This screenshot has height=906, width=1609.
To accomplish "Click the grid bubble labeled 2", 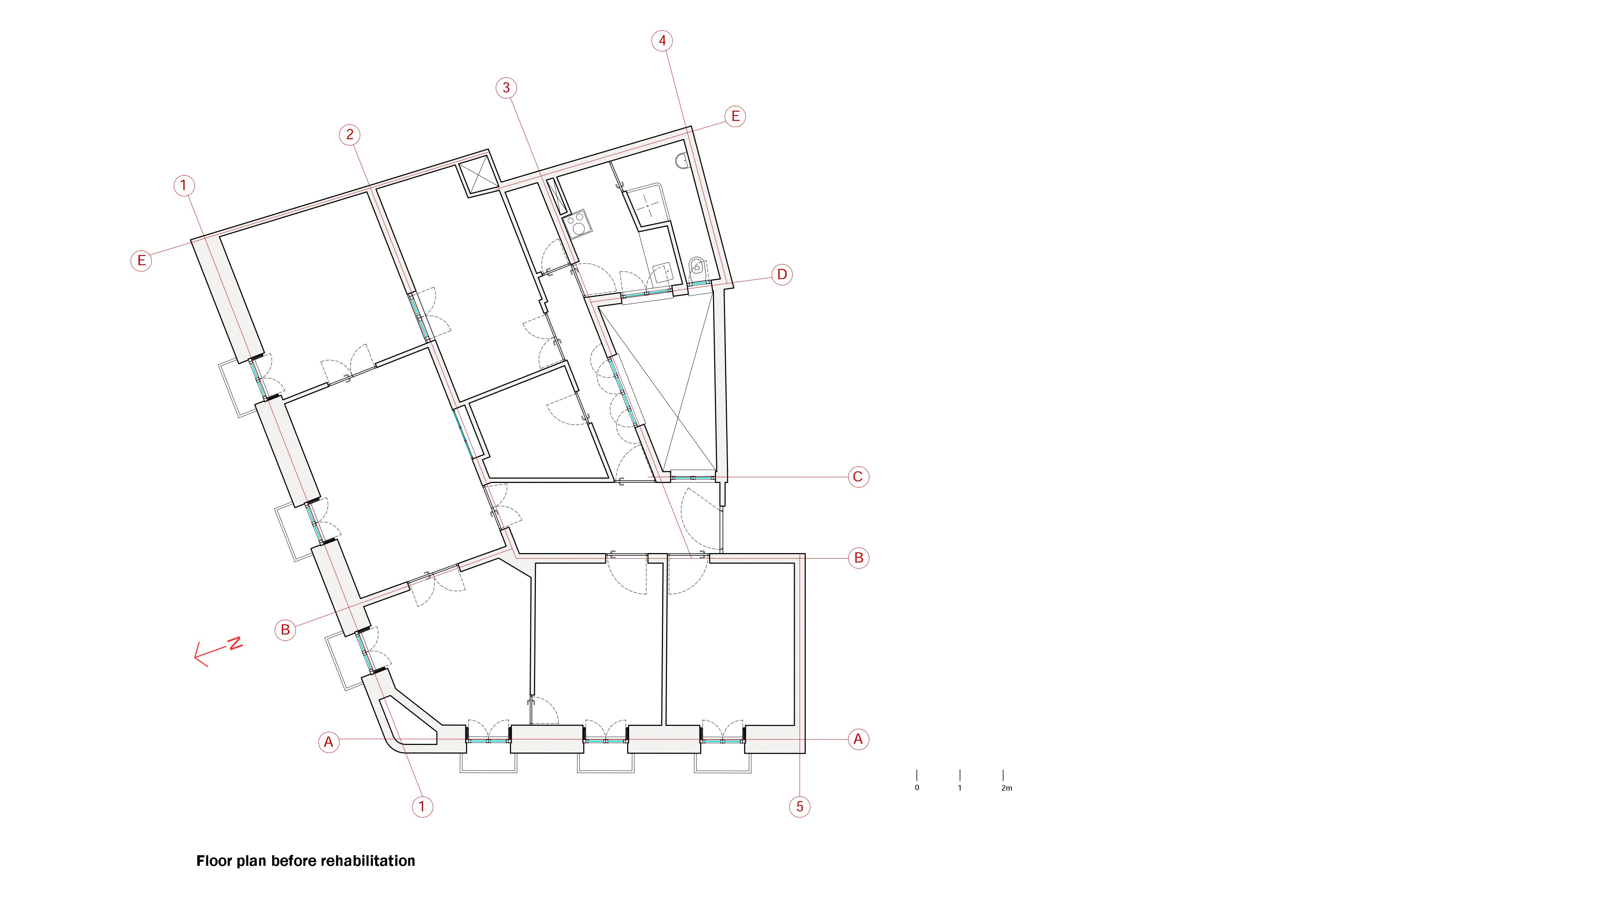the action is (350, 134).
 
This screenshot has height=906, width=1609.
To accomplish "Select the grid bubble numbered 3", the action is (507, 87).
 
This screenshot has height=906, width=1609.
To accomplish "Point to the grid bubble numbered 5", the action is (800, 807).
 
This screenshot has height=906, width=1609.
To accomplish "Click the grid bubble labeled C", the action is (858, 477).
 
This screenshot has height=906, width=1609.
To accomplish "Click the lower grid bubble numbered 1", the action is (422, 807).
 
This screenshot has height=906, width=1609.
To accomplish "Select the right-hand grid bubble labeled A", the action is (858, 739).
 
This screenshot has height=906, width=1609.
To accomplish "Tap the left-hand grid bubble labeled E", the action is (142, 260).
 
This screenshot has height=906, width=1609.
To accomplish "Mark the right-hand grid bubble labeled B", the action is (858, 557).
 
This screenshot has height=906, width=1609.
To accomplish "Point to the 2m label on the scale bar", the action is (1007, 788).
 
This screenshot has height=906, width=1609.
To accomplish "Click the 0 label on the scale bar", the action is (917, 788).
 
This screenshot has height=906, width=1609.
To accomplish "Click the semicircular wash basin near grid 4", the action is (682, 161).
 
